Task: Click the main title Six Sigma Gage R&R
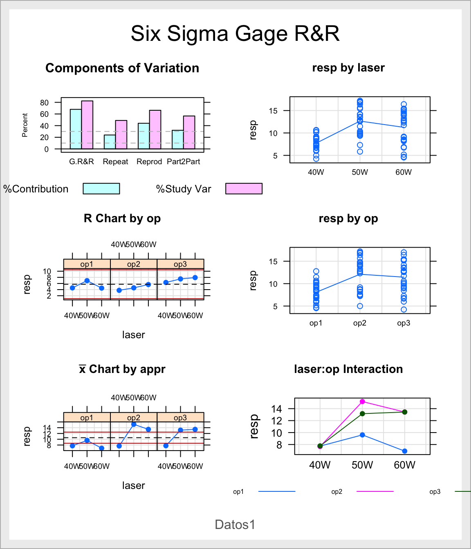tap(235, 33)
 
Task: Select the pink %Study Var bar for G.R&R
tap(87, 125)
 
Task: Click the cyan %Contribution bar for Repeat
tap(110, 142)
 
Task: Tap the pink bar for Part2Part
tap(189, 132)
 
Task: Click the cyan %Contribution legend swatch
tap(101, 189)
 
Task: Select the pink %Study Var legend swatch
tap(244, 189)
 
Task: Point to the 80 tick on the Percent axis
tap(44, 103)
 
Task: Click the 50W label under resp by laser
tap(360, 172)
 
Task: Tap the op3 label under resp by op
tap(404, 323)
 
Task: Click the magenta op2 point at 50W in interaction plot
tap(362, 402)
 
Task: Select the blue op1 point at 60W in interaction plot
tap(404, 451)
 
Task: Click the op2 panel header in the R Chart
tap(134, 264)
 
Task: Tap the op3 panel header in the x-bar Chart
tap(180, 417)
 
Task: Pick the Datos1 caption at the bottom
tap(235, 524)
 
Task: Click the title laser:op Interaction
tap(348, 369)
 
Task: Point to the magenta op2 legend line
tap(375, 491)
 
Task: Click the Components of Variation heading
tap(122, 68)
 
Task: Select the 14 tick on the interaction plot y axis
tap(277, 408)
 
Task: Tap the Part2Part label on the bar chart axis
tap(184, 162)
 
